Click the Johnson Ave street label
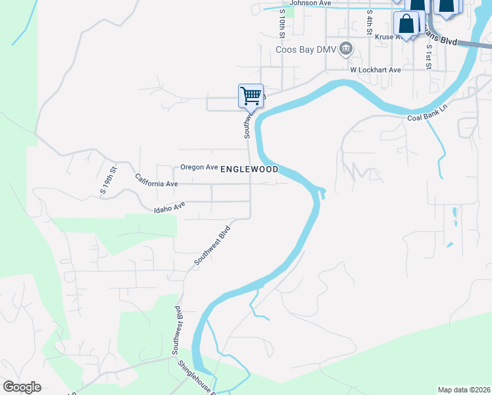tap(310, 3)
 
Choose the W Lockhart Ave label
tap(375, 70)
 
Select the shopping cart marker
tap(251, 95)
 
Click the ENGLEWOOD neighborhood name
tap(249, 169)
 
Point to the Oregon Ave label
tap(199, 167)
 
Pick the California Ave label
tap(157, 180)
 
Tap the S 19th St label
tap(109, 180)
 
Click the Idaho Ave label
tap(169, 208)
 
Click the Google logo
tap(22, 387)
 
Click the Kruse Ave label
tap(388, 38)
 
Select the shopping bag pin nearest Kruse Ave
tap(406, 24)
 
